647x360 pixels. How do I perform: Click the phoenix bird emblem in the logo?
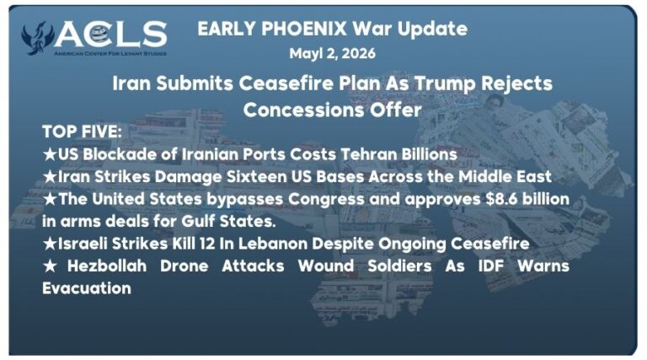[38, 38]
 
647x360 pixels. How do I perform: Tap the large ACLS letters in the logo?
[110, 35]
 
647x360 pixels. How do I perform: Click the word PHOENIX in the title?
[304, 29]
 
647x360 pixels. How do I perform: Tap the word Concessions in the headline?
[303, 110]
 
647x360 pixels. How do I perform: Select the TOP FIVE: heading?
[82, 132]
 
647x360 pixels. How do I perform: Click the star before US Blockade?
[50, 154]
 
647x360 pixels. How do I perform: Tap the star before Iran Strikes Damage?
[50, 177]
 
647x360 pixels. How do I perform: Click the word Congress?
[326, 199]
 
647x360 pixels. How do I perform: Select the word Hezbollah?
[107, 266]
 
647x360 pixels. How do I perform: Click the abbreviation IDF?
[491, 266]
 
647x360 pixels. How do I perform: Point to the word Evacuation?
[87, 288]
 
